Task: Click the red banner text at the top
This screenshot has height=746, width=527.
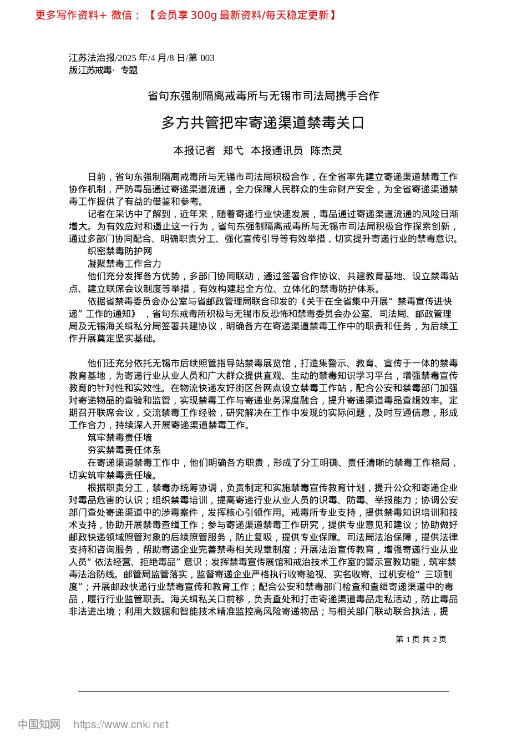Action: [186, 15]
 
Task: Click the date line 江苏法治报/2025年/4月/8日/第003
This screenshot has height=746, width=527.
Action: [141, 58]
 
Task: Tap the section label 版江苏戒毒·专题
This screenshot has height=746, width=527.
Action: [103, 70]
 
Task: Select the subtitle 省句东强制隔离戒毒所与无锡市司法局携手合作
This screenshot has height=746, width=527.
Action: [263, 96]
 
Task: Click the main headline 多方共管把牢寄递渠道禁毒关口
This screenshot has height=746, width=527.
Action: [263, 123]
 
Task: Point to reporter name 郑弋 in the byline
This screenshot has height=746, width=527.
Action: [233, 150]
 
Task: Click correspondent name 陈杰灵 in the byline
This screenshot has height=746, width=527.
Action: [326, 150]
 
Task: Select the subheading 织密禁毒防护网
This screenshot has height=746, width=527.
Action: [120, 251]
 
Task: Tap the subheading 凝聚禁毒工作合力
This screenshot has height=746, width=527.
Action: [124, 264]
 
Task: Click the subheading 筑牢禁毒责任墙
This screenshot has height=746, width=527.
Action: [120, 438]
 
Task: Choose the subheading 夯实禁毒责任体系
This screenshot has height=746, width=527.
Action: [124, 450]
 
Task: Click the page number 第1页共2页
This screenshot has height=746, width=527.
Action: [421, 639]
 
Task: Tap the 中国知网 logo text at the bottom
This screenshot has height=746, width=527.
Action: [39, 724]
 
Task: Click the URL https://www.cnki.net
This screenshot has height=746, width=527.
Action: [121, 724]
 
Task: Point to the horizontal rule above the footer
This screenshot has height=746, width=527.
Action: [263, 691]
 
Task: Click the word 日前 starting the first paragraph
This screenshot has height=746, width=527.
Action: [97, 177]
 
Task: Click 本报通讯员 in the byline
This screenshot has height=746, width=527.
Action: [277, 150]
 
